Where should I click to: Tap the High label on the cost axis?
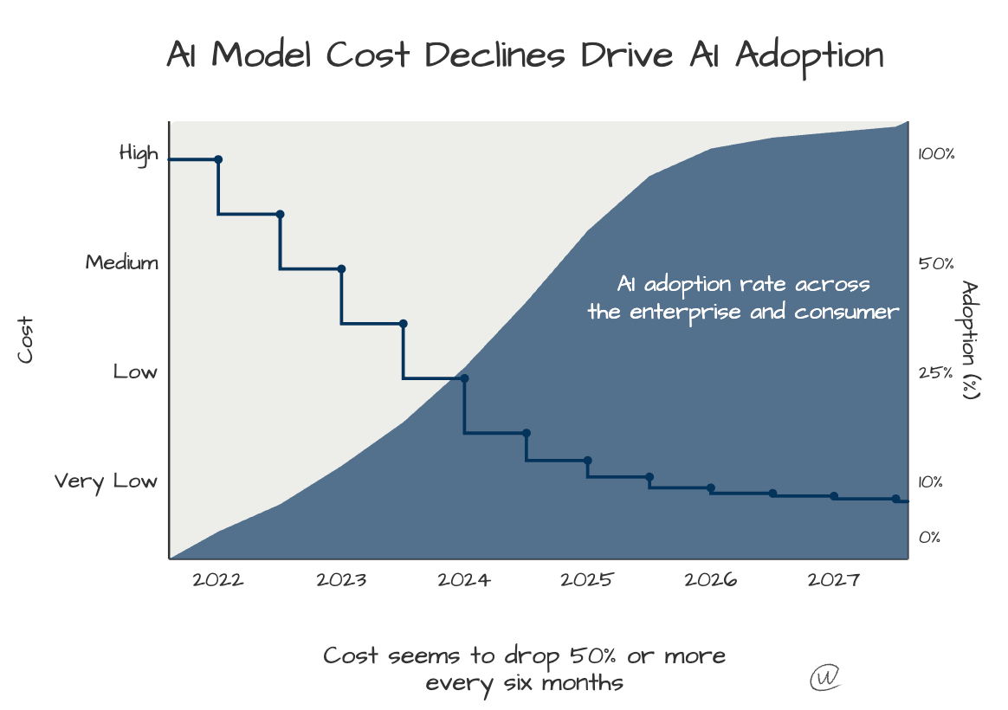[139, 154]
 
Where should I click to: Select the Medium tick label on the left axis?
[122, 262]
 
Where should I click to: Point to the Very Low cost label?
[106, 481]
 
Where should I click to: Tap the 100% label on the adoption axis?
[936, 155]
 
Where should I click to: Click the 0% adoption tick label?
[929, 538]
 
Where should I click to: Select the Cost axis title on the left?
[26, 339]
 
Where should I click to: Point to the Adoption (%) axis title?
[970, 339]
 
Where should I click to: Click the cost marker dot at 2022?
[218, 159]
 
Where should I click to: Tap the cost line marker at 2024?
[465, 378]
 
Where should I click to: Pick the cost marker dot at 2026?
[711, 488]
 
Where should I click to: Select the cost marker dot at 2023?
[341, 268]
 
